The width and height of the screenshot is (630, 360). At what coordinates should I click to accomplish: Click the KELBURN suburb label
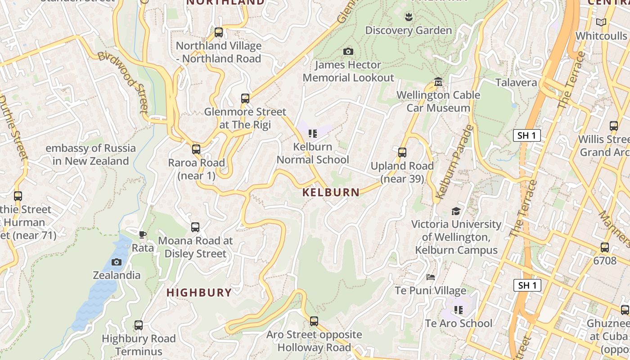coord(331,193)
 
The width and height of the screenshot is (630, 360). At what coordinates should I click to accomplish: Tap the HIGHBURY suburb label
coord(199,292)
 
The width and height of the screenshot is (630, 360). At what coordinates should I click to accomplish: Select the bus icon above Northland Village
coord(219,32)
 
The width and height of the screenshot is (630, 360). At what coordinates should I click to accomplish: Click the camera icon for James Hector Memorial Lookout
coord(348,52)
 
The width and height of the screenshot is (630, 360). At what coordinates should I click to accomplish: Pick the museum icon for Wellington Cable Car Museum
coord(438,82)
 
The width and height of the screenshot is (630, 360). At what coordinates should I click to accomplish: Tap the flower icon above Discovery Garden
coord(409,17)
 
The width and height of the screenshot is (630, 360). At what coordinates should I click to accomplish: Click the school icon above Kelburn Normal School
coord(313,134)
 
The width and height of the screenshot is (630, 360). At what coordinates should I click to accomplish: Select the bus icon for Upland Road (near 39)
coord(402,153)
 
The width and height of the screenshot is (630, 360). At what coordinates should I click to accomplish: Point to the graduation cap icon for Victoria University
coord(456,211)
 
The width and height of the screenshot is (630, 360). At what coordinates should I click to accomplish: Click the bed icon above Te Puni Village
coord(431,277)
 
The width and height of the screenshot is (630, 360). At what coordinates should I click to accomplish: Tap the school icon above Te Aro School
coord(459,310)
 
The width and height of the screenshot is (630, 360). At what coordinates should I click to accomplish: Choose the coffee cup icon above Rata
coord(143,234)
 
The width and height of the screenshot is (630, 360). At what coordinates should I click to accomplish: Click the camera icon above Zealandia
coord(117,262)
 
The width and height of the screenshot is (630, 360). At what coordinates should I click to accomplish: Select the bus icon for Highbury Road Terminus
coord(139,325)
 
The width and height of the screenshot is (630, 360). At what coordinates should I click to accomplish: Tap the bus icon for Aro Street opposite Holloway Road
coord(314,321)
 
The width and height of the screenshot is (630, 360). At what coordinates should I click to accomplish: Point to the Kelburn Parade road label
coord(455,162)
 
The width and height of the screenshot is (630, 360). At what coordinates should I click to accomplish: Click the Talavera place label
coord(516,83)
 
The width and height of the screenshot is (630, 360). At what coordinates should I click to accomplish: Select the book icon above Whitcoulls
coord(601,22)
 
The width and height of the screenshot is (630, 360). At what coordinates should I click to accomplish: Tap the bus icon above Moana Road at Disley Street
coord(195,227)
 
